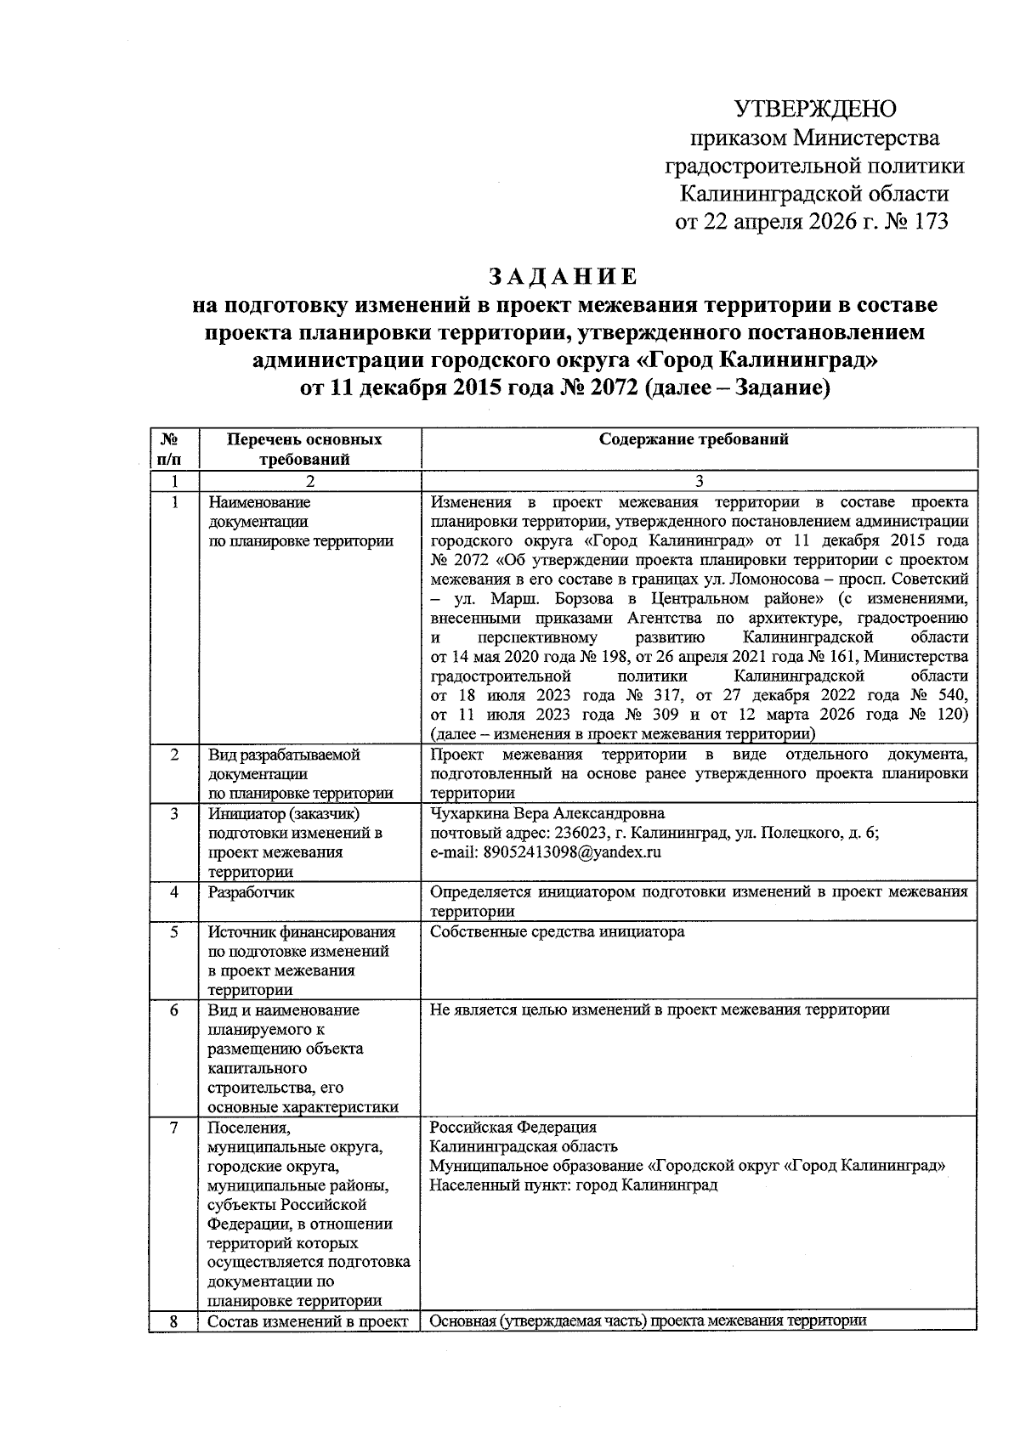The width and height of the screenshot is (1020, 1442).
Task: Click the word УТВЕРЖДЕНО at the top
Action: point(815,110)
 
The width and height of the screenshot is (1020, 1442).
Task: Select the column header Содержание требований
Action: point(694,439)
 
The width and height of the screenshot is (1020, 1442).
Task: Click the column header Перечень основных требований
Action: point(304,450)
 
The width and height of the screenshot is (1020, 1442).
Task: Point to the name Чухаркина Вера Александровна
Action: point(547,813)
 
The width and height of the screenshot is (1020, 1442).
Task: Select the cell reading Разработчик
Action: point(252,892)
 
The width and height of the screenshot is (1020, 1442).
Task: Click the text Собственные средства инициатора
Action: point(557,931)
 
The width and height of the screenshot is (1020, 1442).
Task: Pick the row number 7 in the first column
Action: point(173,1128)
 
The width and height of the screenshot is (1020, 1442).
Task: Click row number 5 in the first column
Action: point(173,931)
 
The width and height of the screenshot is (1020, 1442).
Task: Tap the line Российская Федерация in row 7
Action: point(513,1128)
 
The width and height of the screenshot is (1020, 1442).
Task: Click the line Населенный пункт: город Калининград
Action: point(574,1185)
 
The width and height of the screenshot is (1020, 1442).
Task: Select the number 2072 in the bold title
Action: point(606,389)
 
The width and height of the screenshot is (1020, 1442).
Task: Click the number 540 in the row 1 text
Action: point(952,695)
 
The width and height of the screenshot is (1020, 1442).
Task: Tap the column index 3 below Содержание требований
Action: point(699,481)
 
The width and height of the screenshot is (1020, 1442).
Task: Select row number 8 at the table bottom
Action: point(173,1321)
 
